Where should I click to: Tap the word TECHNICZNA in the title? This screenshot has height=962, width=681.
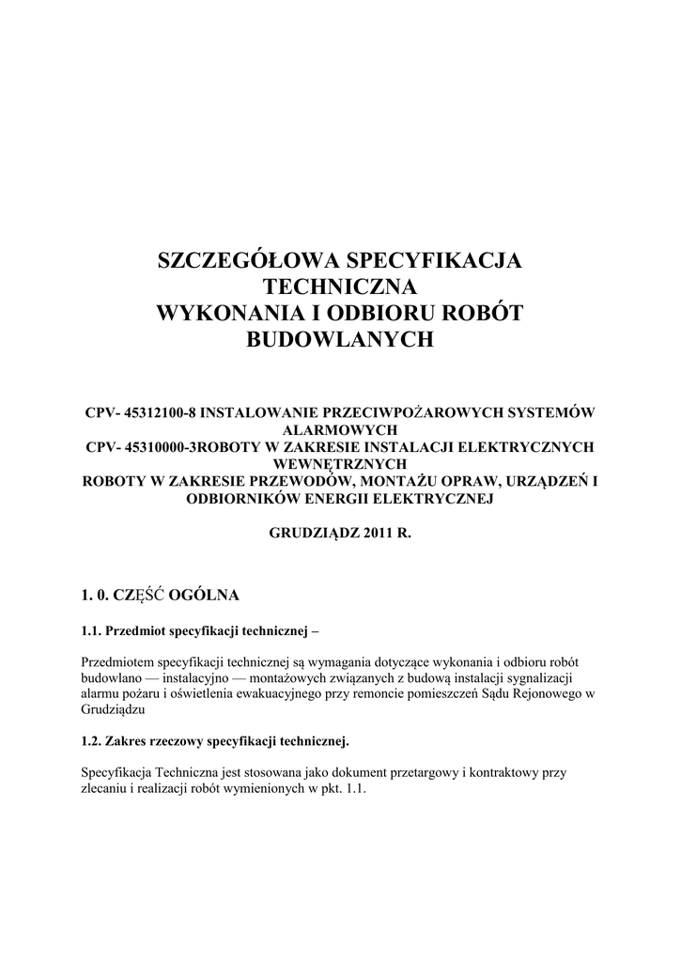(340, 287)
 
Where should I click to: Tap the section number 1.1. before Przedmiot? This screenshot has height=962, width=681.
(92, 629)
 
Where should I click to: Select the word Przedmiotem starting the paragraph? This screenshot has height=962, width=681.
(120, 661)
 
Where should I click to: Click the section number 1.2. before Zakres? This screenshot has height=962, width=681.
(92, 742)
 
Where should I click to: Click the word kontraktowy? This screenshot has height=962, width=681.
(511, 773)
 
